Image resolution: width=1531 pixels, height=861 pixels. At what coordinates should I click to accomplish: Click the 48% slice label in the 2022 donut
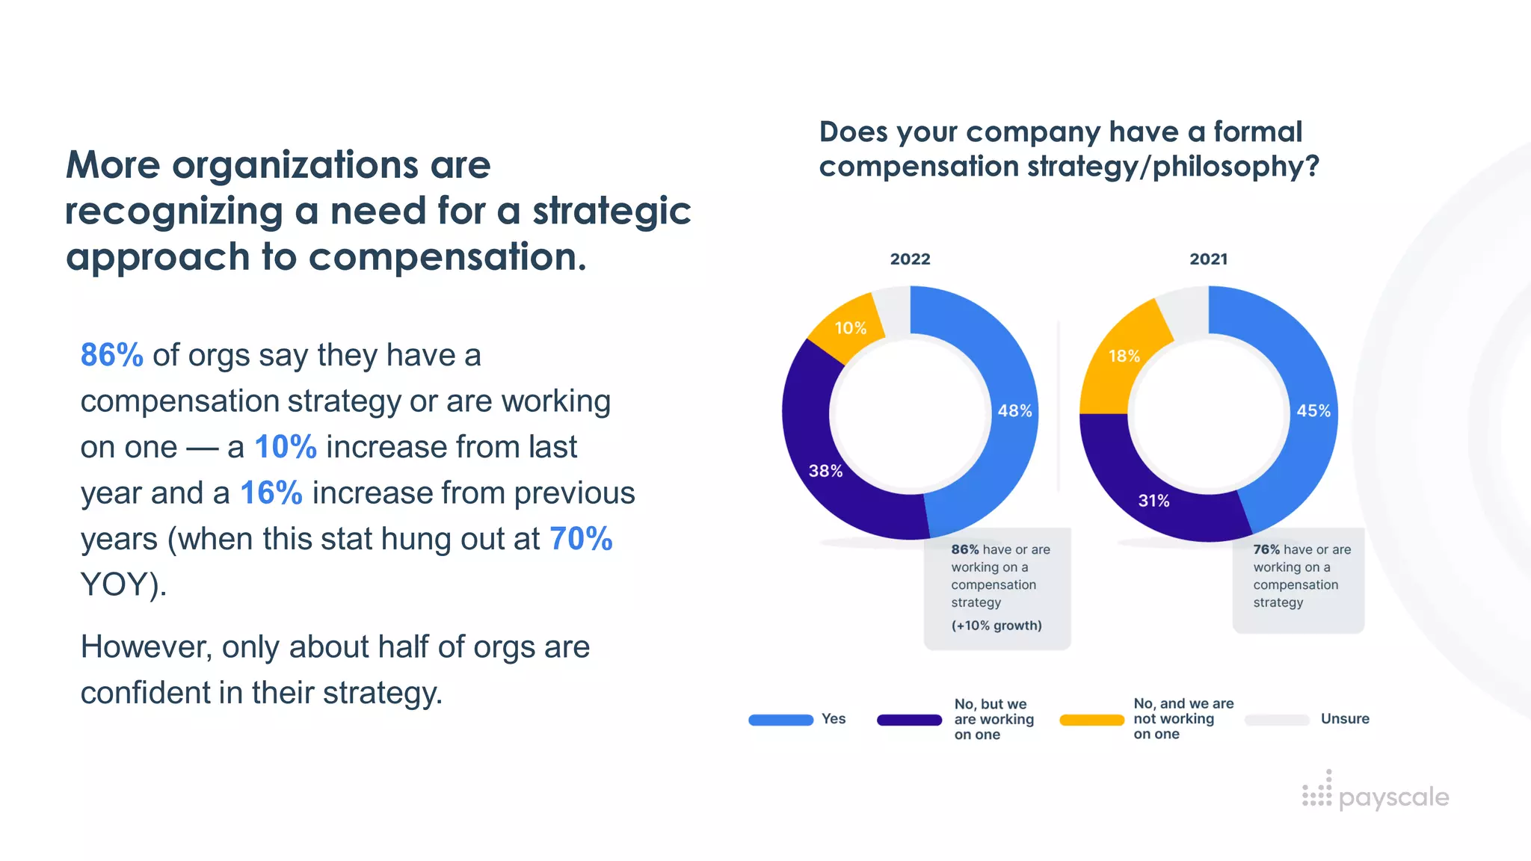[1014, 411]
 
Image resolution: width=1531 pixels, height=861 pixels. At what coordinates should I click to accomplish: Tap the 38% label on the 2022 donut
[825, 471]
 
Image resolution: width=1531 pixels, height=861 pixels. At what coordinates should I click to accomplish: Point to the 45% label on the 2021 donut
[1313, 411]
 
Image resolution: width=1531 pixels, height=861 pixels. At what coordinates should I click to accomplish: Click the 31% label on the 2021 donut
[1153, 501]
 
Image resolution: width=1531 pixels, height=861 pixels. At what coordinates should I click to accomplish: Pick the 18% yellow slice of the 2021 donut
[1124, 357]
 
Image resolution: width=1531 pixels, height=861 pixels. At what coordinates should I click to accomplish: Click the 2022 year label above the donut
[910, 259]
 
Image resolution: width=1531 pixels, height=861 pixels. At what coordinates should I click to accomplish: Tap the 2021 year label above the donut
[1208, 259]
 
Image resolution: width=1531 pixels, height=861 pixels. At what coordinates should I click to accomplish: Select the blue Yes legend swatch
[780, 720]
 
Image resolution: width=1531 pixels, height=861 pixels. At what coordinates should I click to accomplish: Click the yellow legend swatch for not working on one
[1091, 720]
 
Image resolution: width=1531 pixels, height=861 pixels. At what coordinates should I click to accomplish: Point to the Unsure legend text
[1345, 719]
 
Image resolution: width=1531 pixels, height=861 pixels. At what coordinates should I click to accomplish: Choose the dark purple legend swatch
[909, 720]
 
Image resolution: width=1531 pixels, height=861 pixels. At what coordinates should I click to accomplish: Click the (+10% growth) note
[996, 626]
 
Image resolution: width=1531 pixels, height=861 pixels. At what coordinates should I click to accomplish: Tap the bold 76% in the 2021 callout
[1266, 549]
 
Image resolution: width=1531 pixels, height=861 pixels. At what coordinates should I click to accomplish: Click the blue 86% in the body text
[111, 355]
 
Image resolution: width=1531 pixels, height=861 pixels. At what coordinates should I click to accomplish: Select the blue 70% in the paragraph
[581, 539]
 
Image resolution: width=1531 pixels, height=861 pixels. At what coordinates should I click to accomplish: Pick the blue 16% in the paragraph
[271, 493]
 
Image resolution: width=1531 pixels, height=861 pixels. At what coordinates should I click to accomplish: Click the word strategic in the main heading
[612, 212]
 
